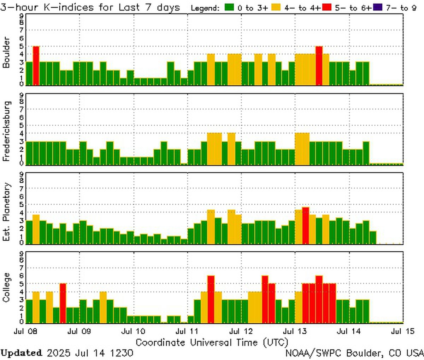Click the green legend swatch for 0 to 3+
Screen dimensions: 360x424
click(x=230, y=7)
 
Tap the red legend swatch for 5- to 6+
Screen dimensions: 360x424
click(x=327, y=7)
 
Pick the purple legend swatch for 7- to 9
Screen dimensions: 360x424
click(x=378, y=7)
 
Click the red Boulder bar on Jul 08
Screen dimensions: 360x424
click(x=36, y=66)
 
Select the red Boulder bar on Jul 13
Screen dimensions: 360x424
click(x=319, y=66)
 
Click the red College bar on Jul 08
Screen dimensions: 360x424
click(x=63, y=303)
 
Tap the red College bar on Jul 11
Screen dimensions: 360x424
click(x=211, y=299)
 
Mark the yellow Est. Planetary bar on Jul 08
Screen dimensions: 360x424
click(x=36, y=229)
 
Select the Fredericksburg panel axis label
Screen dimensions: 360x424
click(x=6, y=131)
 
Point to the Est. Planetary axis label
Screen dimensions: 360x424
click(x=6, y=212)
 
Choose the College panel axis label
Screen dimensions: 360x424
click(x=6, y=287)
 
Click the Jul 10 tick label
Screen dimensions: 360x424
click(x=133, y=332)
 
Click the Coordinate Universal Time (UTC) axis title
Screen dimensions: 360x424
click(x=212, y=342)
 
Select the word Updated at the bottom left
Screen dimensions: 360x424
click(x=21, y=353)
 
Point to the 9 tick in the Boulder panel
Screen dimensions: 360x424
click(x=22, y=16)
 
